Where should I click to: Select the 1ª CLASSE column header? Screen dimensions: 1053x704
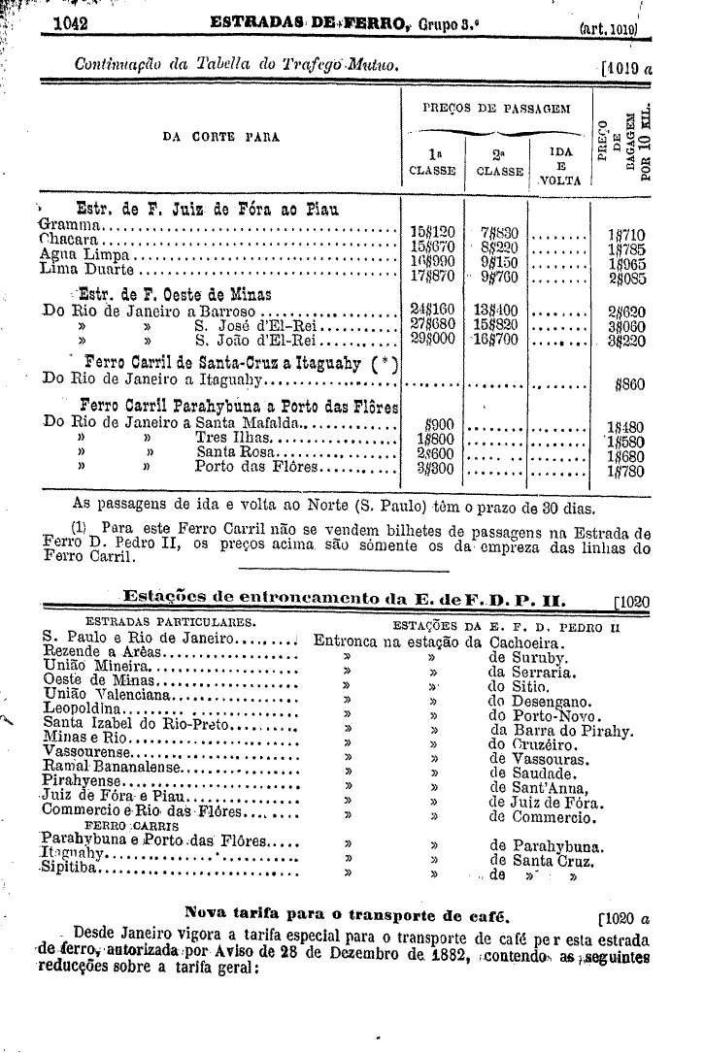click(432, 161)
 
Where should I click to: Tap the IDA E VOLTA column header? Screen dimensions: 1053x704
click(560, 166)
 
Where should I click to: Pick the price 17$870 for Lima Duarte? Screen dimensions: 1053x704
click(433, 276)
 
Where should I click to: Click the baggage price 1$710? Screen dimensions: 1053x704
click(626, 234)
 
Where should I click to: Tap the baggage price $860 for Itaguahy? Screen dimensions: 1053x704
click(632, 384)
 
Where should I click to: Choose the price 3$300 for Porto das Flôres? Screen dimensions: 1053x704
click(436, 470)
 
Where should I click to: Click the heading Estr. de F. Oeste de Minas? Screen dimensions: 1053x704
click(174, 294)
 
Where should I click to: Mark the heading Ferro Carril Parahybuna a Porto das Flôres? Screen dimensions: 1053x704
click(239, 405)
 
